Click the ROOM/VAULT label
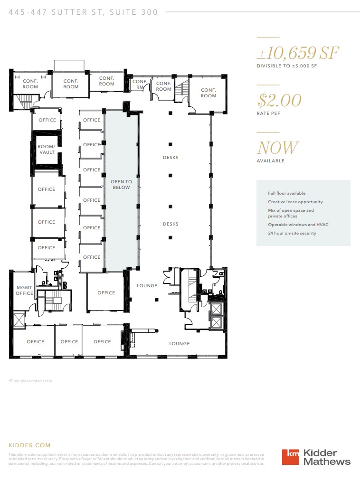[47, 149]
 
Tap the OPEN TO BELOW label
[121, 184]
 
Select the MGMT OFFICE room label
[24, 290]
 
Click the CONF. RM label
[140, 84]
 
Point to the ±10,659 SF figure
[297, 53]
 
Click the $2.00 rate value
[279, 100]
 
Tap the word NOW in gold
[278, 148]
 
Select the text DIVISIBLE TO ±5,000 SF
[286, 66]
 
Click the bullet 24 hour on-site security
[292, 233]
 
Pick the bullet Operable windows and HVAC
[298, 225]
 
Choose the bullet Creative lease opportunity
[295, 202]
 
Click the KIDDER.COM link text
[29, 445]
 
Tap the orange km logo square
[291, 457]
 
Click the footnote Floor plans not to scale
[30, 381]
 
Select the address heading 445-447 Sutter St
[83, 12]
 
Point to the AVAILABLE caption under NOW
[271, 160]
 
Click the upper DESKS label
[171, 158]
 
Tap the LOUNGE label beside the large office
[147, 286]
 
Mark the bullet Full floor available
[286, 193]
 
